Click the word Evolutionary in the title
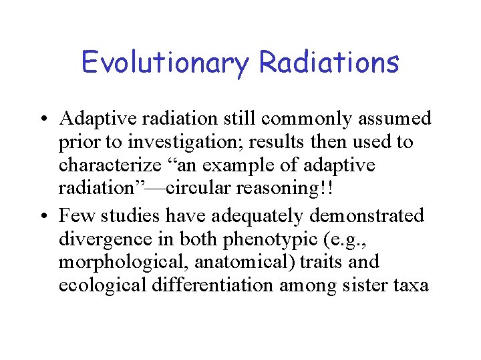(165, 62)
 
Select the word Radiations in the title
(329, 62)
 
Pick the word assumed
(395, 119)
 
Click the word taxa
(410, 285)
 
